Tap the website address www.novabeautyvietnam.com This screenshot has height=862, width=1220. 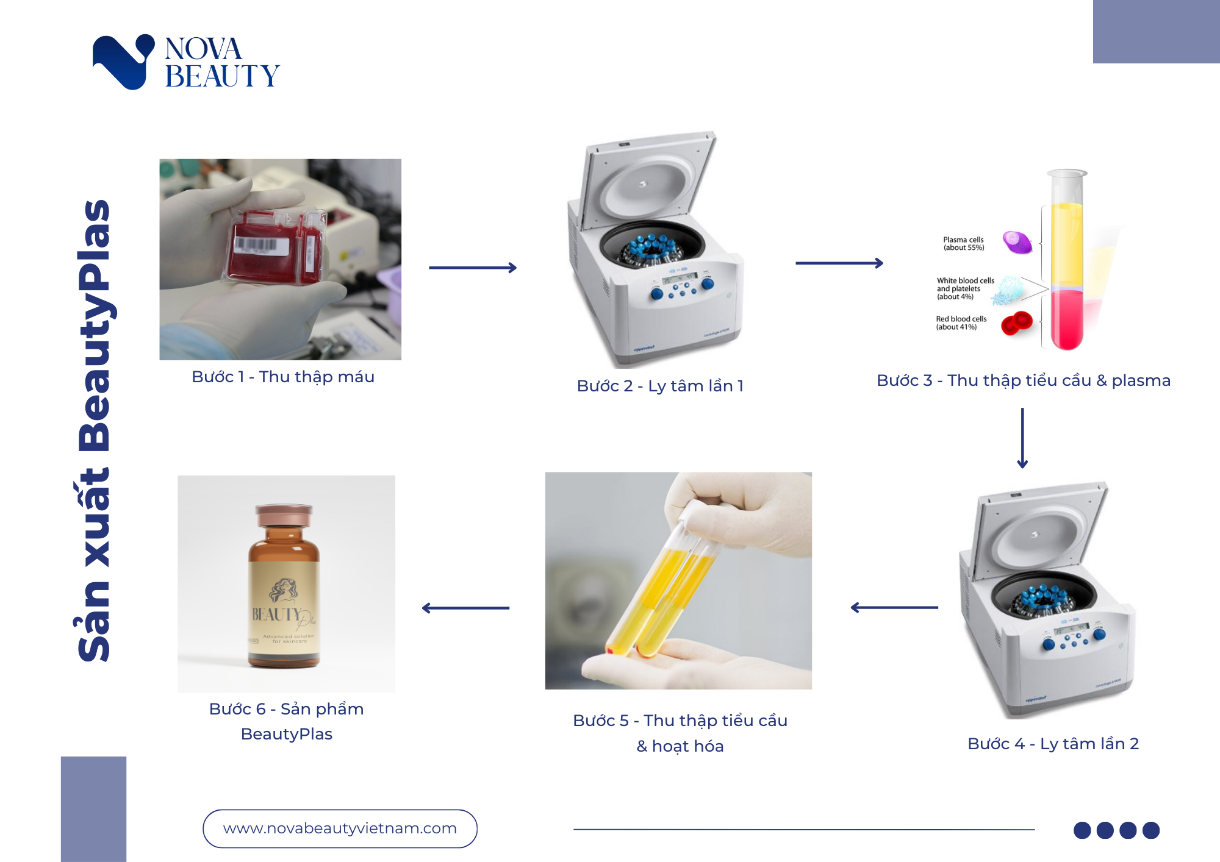click(340, 828)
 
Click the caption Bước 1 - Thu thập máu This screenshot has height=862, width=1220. click(283, 377)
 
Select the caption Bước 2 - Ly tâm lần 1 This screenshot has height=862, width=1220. click(660, 386)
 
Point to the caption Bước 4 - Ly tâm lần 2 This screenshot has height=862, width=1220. click(1053, 744)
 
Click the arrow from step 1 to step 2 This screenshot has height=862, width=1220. click(473, 268)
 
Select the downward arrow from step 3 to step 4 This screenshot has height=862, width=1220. click(1022, 438)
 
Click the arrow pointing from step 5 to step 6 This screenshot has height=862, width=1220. click(466, 608)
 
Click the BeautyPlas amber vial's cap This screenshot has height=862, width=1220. click(284, 515)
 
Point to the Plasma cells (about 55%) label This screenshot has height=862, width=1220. click(963, 244)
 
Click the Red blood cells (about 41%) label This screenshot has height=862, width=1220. click(961, 323)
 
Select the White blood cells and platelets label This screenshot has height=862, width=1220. click(965, 289)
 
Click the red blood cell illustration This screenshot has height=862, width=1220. click(1016, 323)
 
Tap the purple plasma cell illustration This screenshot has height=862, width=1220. click(1017, 242)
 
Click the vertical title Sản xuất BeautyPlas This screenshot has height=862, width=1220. click(95, 430)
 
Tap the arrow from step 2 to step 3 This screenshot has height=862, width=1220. click(839, 263)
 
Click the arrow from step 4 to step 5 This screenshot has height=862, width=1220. click(894, 607)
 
